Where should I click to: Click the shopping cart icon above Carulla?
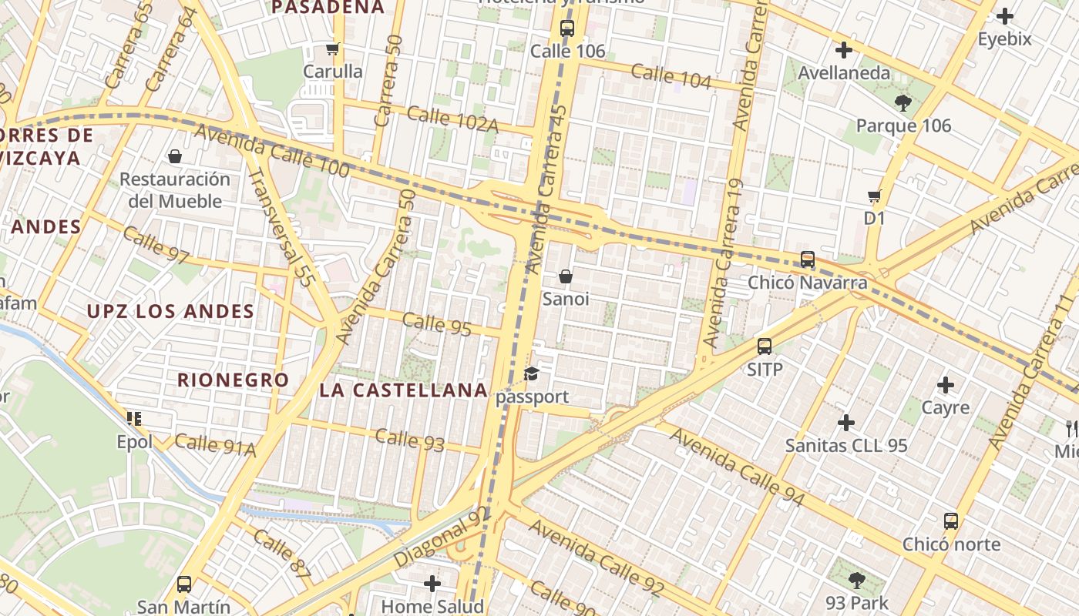[333, 49]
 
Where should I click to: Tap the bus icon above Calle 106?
[567, 29]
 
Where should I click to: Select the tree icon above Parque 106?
[903, 102]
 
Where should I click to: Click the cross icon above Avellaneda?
[844, 50]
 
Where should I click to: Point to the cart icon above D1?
[874, 196]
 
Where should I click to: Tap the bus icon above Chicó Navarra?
[808, 259]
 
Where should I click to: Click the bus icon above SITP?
[765, 346]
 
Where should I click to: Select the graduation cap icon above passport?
[531, 374]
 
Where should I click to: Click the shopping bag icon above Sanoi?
[566, 276]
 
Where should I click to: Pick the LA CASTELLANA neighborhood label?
[404, 390]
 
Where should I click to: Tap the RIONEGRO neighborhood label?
[233, 380]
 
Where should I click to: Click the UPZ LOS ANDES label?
[170, 311]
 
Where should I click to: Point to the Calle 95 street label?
[437, 323]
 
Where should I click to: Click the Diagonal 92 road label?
[441, 537]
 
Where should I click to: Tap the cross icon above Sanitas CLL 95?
[846, 423]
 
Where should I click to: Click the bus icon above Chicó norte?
[951, 521]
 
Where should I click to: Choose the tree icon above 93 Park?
[856, 580]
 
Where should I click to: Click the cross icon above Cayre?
[946, 385]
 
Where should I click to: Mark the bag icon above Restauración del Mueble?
[175, 156]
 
